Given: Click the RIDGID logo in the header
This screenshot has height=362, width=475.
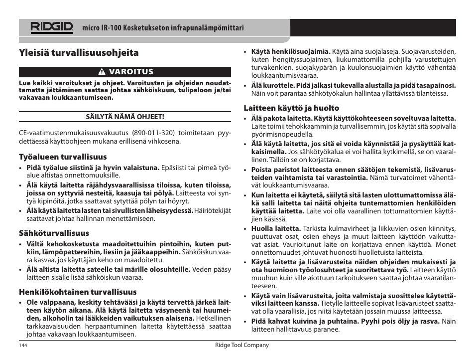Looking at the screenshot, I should tap(52, 27).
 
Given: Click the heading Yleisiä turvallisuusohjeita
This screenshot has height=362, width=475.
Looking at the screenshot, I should tap(79, 53).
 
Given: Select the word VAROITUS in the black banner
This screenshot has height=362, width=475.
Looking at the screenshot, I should tap(131, 72).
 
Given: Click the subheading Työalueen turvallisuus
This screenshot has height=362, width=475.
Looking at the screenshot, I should tap(63, 157).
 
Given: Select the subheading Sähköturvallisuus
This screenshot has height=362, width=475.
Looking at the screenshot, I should tap(54, 233).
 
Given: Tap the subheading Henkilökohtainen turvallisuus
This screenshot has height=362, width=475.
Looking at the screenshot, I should tap(78, 292).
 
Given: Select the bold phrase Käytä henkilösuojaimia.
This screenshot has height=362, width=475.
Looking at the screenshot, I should tap(291, 51).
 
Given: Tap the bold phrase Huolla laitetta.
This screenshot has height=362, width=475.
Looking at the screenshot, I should tap(276, 229).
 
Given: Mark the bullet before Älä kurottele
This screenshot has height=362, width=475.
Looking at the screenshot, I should tap(246, 85).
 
